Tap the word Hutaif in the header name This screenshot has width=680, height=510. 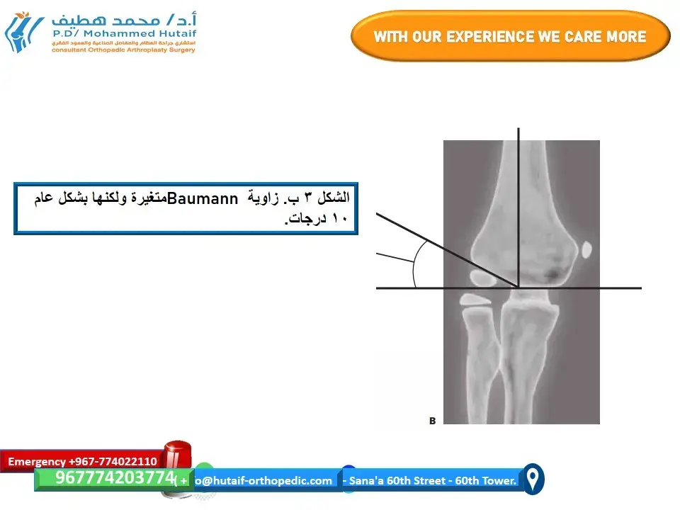click(168, 33)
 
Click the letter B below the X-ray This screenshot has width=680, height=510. click(433, 421)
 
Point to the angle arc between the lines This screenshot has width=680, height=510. click(416, 262)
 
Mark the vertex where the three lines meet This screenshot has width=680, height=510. click(518, 288)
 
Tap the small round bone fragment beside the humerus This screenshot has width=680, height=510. click(586, 249)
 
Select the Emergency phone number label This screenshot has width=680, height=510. click(82, 461)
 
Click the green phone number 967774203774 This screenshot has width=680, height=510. click(114, 478)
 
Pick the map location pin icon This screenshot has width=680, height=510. click(533, 480)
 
